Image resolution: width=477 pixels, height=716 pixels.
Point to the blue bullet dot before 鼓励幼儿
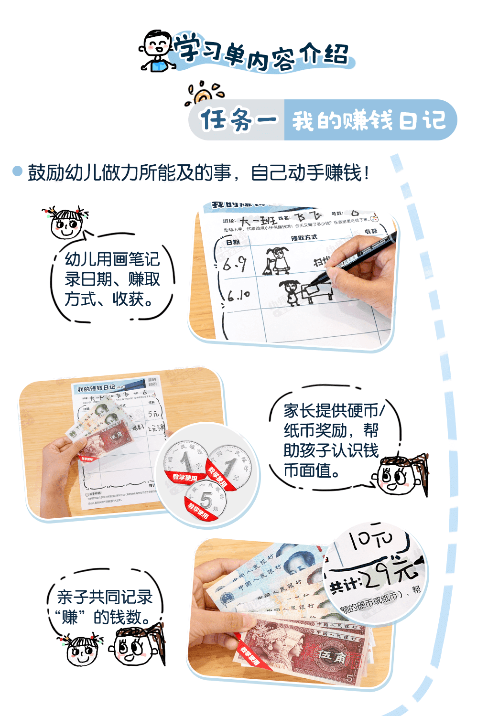pyautogui.click(x=17, y=171)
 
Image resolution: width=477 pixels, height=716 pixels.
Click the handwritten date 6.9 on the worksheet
pyautogui.click(x=235, y=263)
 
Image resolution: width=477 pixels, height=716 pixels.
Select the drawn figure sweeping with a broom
pyautogui.click(x=277, y=260)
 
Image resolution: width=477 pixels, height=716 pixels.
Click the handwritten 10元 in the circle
pyautogui.click(x=370, y=540)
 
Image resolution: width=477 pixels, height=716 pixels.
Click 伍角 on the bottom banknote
pyautogui.click(x=332, y=656)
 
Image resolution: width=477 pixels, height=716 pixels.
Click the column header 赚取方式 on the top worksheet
pyautogui.click(x=304, y=237)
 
